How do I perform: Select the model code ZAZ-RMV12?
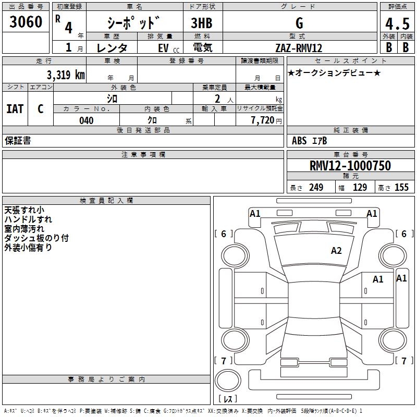tap(299, 48)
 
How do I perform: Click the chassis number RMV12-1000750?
tap(350, 166)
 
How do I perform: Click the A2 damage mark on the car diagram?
tap(337, 251)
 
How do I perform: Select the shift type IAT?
tap(15, 109)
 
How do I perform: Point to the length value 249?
tap(316, 188)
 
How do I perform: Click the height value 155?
tap(402, 188)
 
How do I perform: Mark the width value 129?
tap(360, 188)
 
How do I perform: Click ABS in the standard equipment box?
tap(299, 141)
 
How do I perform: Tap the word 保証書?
tap(18, 141)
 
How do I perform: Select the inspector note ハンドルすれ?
tap(28, 219)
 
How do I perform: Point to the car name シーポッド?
tap(133, 23)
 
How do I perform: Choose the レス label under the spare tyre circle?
tap(228, 399)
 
